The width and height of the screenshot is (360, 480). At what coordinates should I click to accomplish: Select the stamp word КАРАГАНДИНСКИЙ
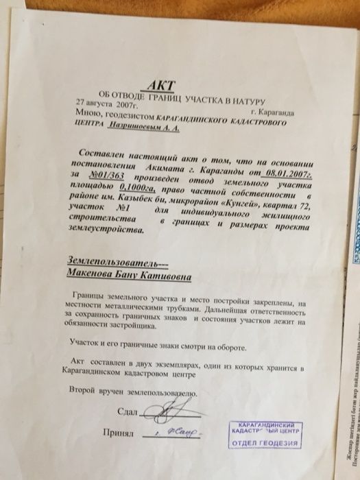[264, 426]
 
